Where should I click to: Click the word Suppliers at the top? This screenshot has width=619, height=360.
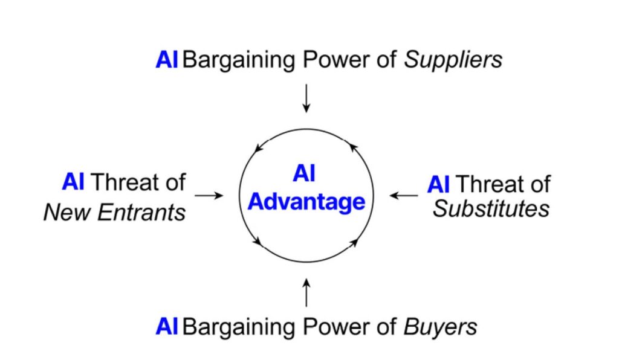pyautogui.click(x=453, y=60)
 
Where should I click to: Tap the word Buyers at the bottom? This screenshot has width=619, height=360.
pyautogui.click(x=439, y=327)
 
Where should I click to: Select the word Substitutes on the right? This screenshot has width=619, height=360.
pyautogui.click(x=491, y=208)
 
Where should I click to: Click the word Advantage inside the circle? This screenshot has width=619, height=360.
pyautogui.click(x=306, y=202)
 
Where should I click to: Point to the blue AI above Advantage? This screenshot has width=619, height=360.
pyautogui.click(x=306, y=174)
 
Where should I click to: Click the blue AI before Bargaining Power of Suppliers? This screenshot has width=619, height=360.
pyautogui.click(x=166, y=60)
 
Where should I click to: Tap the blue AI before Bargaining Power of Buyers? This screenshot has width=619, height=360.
pyautogui.click(x=166, y=327)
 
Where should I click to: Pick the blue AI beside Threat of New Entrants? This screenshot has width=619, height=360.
pyautogui.click(x=73, y=182)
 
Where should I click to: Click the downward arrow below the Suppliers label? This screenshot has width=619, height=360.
pyautogui.click(x=306, y=98)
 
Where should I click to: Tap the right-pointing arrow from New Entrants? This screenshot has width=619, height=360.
pyautogui.click(x=209, y=196)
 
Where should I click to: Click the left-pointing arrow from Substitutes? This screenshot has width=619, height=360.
pyautogui.click(x=403, y=196)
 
